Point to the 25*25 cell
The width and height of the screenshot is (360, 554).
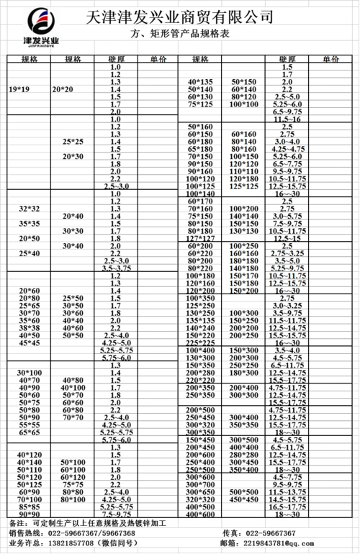73,142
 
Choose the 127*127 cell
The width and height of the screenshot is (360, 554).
201,239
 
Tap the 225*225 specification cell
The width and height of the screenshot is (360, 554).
201,344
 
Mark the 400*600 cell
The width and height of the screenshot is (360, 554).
201,514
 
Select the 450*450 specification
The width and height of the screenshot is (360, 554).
244,499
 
